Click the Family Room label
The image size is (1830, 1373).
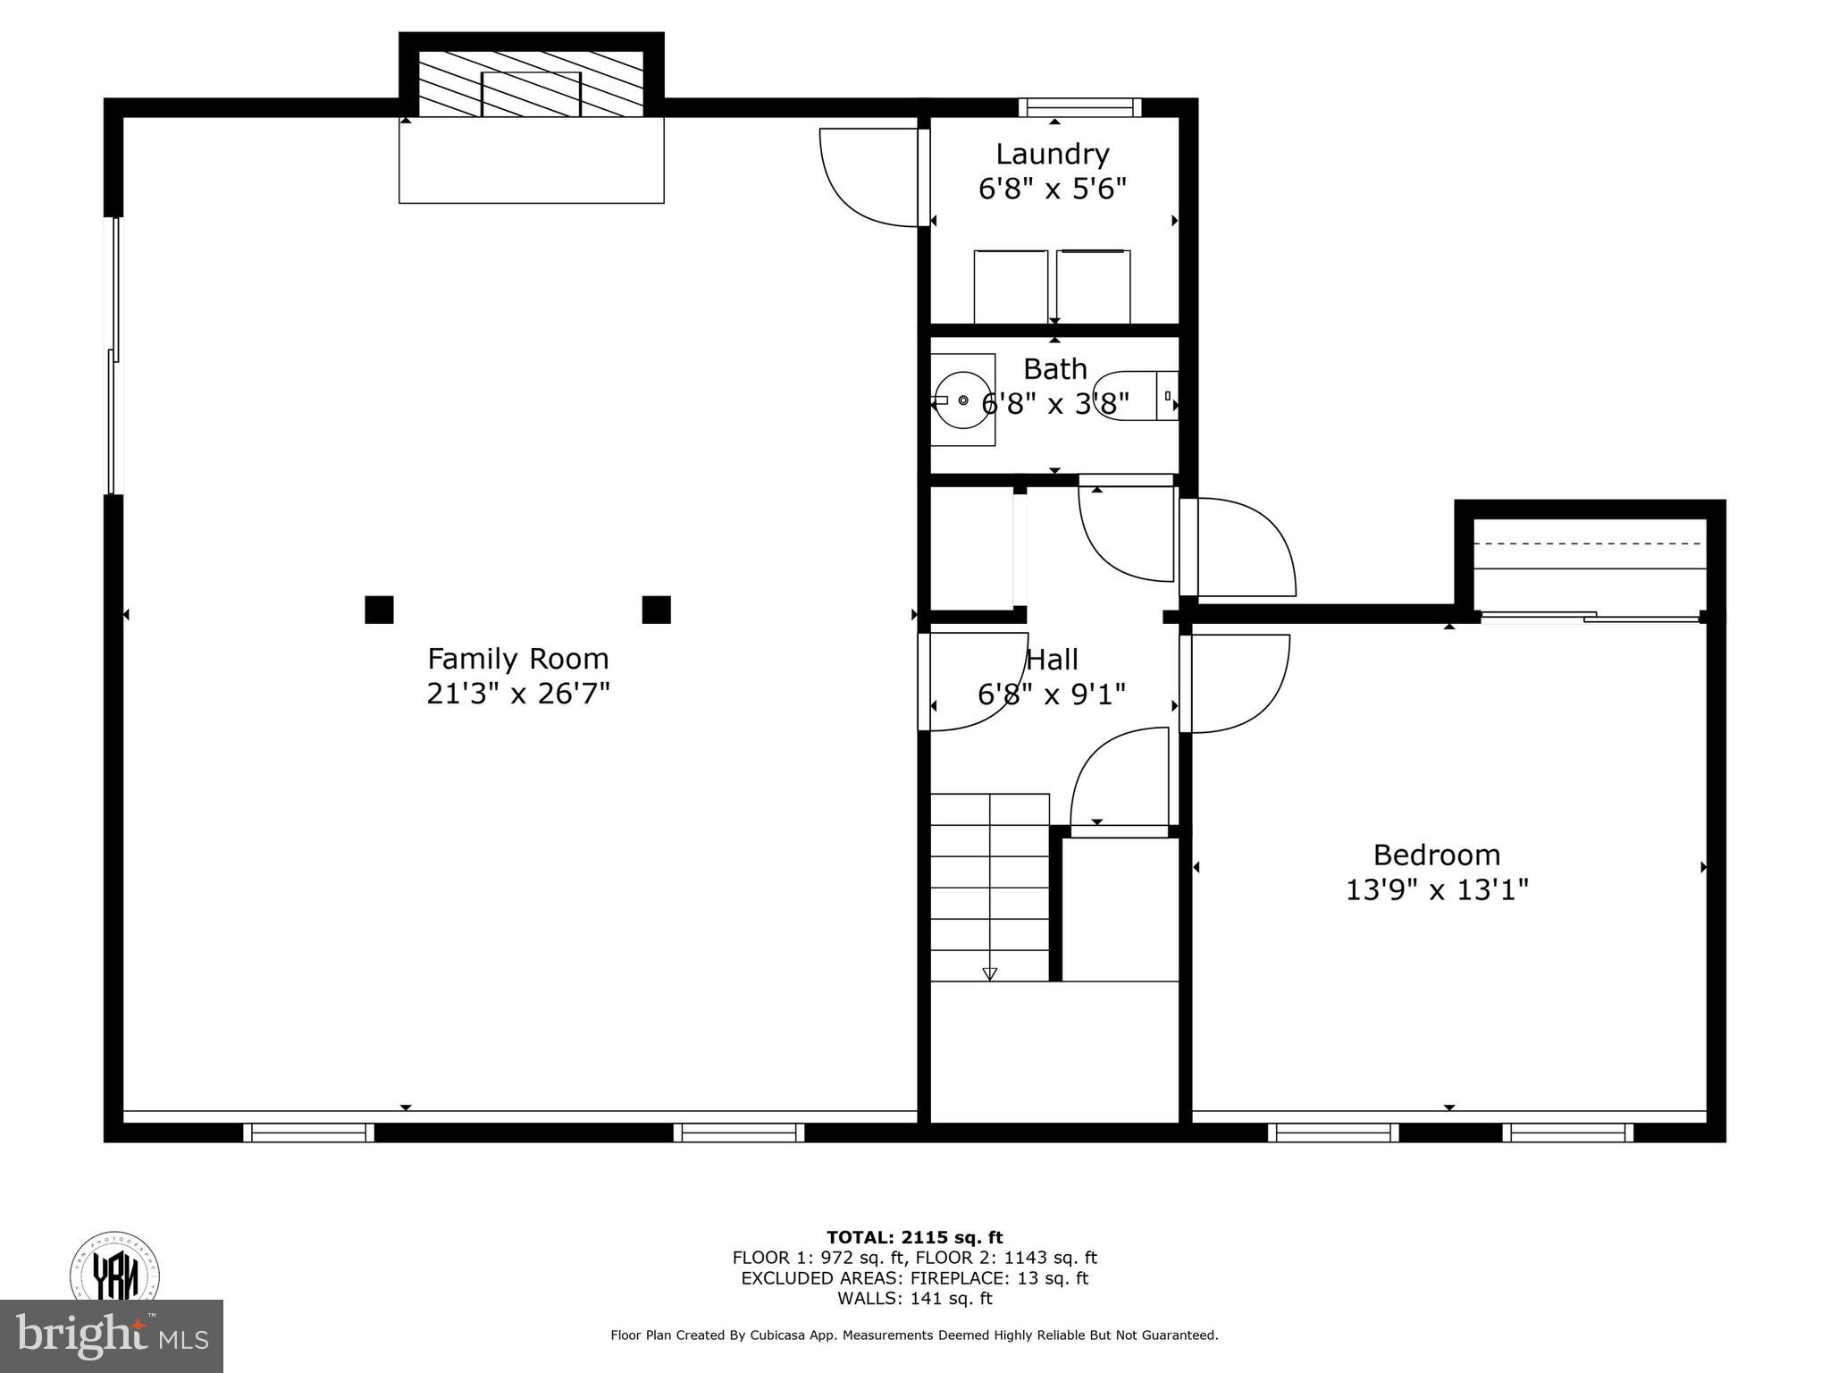coord(517,659)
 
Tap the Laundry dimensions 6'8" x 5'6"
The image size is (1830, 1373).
coord(1052,190)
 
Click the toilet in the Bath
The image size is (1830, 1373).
coord(1135,395)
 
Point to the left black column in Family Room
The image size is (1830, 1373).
coord(379,610)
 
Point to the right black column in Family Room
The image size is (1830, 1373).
coord(656,610)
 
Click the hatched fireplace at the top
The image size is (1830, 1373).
coord(531,83)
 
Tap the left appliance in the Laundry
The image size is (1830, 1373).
coord(1011,287)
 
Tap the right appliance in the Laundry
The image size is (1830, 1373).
coord(1093,287)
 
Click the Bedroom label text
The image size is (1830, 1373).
coord(1436,855)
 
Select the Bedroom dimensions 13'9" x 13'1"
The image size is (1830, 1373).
coord(1437,890)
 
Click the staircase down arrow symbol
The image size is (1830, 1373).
coord(989,973)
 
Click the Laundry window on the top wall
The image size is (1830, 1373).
coord(1079,108)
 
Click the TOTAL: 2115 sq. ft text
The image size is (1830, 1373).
coord(914,1238)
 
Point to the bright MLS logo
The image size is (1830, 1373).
coord(111,1336)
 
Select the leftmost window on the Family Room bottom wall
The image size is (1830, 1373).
coord(308,1133)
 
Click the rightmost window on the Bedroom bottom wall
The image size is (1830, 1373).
coord(1567,1133)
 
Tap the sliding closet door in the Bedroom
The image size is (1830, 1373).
coord(1591,616)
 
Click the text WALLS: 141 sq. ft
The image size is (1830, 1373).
coord(914,1299)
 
